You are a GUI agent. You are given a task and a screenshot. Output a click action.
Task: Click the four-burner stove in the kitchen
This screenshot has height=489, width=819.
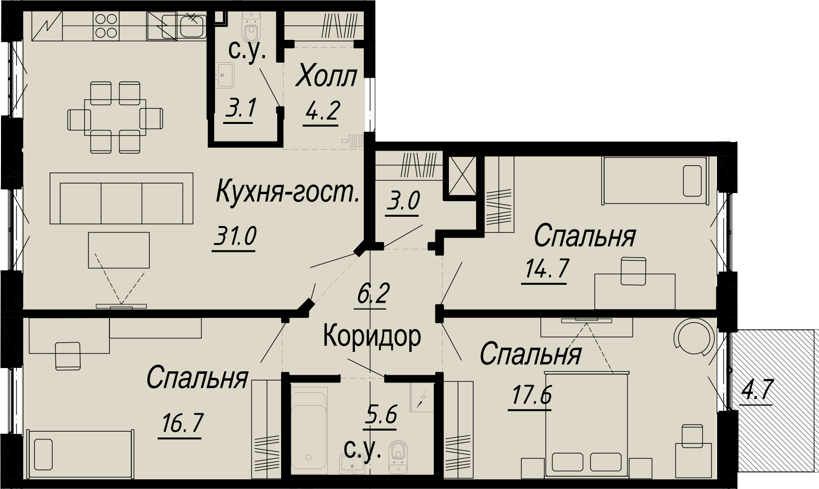pyautogui.click(x=106, y=26)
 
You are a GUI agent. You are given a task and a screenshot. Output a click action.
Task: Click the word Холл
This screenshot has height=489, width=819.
pyautogui.click(x=326, y=76)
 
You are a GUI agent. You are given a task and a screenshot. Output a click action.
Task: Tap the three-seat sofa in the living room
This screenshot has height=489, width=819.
pyautogui.click(x=122, y=198)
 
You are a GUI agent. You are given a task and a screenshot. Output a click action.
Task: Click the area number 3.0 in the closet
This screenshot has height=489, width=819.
pyautogui.click(x=403, y=202)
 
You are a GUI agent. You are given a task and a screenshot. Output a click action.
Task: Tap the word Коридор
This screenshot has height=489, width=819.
pyautogui.click(x=372, y=337)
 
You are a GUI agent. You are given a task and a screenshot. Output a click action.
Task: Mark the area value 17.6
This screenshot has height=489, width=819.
pyautogui.click(x=530, y=395)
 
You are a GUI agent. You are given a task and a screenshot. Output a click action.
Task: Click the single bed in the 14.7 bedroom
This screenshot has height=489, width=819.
pyautogui.click(x=655, y=180)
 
